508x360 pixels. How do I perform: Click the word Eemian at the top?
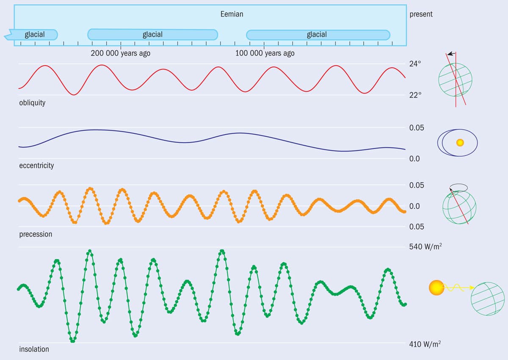232,14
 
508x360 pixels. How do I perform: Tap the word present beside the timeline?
421,14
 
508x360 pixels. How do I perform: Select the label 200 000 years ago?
120,53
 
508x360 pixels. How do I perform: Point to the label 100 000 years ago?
265,53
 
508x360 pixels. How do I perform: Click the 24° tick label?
415,64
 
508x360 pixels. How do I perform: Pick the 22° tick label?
415,95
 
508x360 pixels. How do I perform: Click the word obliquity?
32,103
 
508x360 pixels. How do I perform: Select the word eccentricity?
36,166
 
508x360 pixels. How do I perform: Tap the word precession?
36,234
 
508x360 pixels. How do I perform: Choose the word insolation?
34,349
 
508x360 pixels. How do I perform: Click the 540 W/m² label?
425,246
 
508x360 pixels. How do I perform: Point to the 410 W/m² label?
425,344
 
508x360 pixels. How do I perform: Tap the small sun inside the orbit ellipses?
460,143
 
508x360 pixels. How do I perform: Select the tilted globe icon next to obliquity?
455,79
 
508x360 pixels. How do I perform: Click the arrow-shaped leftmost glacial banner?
32,35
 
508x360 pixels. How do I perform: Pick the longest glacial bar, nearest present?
317,35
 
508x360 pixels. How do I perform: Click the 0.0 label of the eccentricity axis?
415,159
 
